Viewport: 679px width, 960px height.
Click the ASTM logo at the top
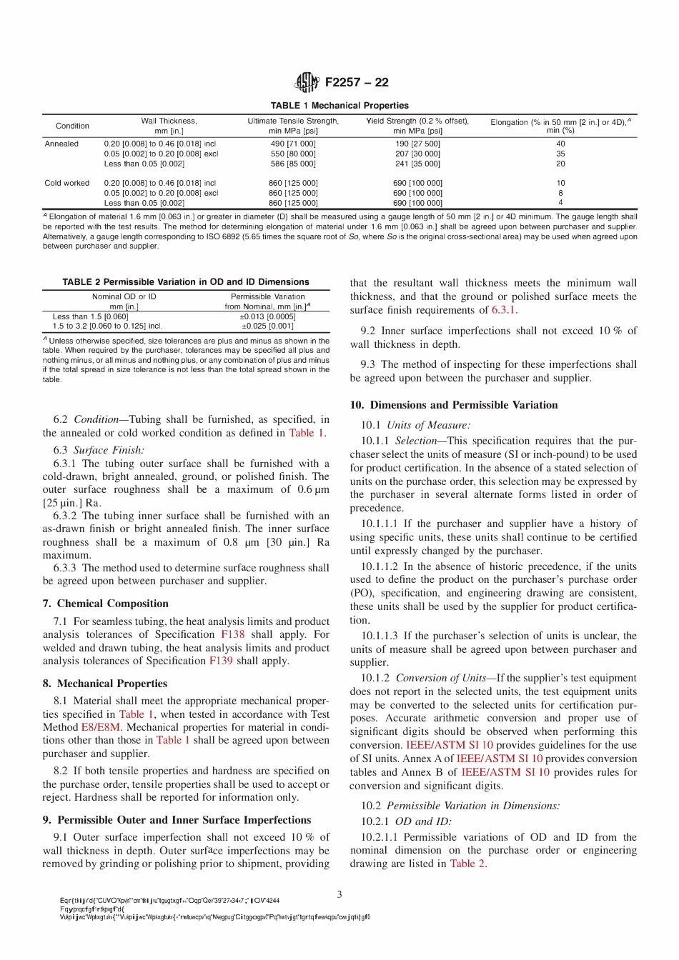[x=307, y=82]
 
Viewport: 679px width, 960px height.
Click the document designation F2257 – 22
[x=357, y=82]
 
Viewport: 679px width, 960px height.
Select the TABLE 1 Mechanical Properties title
[x=339, y=105]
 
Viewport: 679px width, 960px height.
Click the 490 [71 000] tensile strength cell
[x=293, y=144]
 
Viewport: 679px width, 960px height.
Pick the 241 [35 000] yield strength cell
[x=417, y=164]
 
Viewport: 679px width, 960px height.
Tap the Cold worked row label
[x=67, y=183]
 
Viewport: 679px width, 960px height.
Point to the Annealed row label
[x=61, y=144]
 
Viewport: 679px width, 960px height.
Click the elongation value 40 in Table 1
[x=560, y=144]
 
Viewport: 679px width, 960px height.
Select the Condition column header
[x=72, y=126]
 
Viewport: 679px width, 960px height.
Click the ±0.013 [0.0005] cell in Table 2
[x=267, y=316]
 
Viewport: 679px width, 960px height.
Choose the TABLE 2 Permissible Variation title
[x=186, y=282]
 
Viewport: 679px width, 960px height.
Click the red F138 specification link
[x=232, y=634]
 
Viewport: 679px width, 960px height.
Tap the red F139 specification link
[x=221, y=661]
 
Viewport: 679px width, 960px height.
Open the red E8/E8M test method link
[x=101, y=727]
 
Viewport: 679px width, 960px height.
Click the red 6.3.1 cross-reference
[x=503, y=310]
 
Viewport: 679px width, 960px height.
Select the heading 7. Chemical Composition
[x=106, y=604]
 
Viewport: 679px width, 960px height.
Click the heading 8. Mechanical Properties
[x=105, y=684]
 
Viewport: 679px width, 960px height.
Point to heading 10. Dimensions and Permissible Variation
[x=454, y=405]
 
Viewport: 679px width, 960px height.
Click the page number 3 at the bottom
[x=339, y=894]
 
